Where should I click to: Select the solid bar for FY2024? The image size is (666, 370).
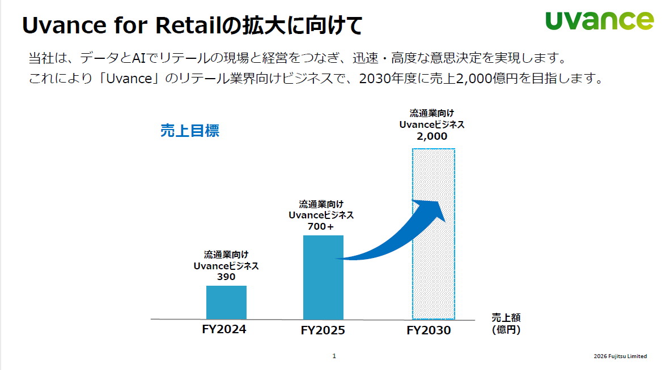[x=226, y=303]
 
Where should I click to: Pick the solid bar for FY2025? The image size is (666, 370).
[x=323, y=277]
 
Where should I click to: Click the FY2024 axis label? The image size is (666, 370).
[x=224, y=329]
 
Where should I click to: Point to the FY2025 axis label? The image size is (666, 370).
[x=323, y=330]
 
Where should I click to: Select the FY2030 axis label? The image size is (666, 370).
[x=429, y=330]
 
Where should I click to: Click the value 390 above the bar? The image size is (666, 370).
[x=226, y=277]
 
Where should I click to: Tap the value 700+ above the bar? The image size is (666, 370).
[x=321, y=226]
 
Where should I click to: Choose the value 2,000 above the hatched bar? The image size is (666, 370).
[x=432, y=136]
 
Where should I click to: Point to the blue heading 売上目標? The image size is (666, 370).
[x=190, y=131]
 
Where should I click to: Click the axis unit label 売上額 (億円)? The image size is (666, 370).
[x=506, y=324]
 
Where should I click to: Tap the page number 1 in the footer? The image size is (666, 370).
[x=334, y=356]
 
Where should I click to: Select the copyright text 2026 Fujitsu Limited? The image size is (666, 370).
[x=620, y=356]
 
